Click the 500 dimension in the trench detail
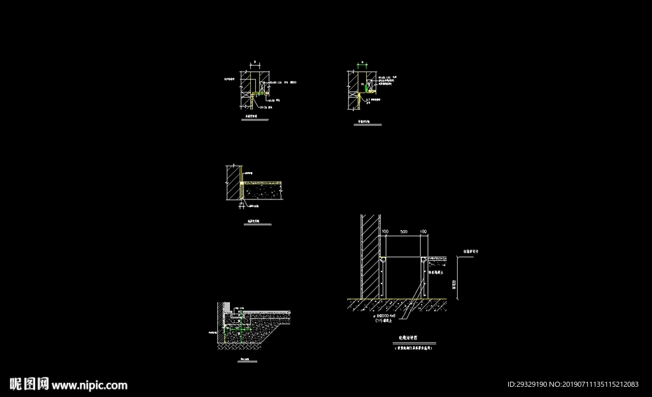pos(404,231)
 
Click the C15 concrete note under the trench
pos(383,321)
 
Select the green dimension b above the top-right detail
pos(363,62)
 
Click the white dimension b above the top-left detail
pos(255,62)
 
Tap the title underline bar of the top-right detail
pos(368,125)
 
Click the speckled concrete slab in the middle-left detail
pos(264,190)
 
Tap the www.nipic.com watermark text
pos(89,385)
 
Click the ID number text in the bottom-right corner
pos(573,384)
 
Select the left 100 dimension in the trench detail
pos(385,231)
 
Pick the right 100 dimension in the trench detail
pos(423,231)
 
